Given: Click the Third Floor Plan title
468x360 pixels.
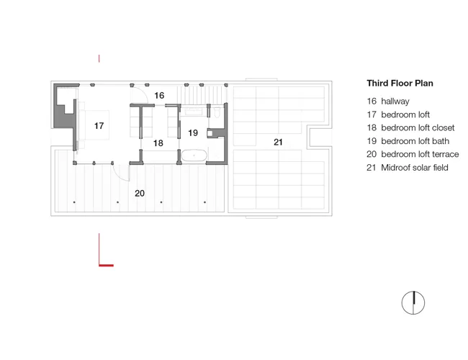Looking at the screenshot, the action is coord(400,83).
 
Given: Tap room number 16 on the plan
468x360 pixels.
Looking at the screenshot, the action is coord(159,96).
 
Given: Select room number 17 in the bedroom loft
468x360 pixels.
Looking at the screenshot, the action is coord(99,126).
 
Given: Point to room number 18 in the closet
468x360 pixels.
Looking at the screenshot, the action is coord(158,143).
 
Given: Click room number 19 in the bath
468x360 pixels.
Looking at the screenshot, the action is coord(193,132).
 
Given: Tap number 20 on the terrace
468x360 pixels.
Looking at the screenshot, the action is coord(140,193).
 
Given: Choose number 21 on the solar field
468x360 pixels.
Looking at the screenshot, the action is coord(278,142).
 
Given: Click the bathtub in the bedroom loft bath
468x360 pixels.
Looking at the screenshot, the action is coord(194,156).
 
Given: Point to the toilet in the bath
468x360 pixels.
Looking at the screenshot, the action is coord(217,112).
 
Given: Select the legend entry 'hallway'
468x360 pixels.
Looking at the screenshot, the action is coord(395,102).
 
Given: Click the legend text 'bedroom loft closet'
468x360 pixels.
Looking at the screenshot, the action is coord(418,127).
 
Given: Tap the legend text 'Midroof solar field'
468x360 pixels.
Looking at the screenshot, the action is coord(415,168).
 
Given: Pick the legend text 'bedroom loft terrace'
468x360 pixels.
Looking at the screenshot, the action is coord(420,154).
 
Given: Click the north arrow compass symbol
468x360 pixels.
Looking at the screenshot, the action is coord(413,302).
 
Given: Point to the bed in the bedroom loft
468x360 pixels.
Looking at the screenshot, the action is coord(94,125).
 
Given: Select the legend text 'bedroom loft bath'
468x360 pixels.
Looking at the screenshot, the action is coord(415,141).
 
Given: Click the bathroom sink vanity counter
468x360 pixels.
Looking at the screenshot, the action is coord(194,112).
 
